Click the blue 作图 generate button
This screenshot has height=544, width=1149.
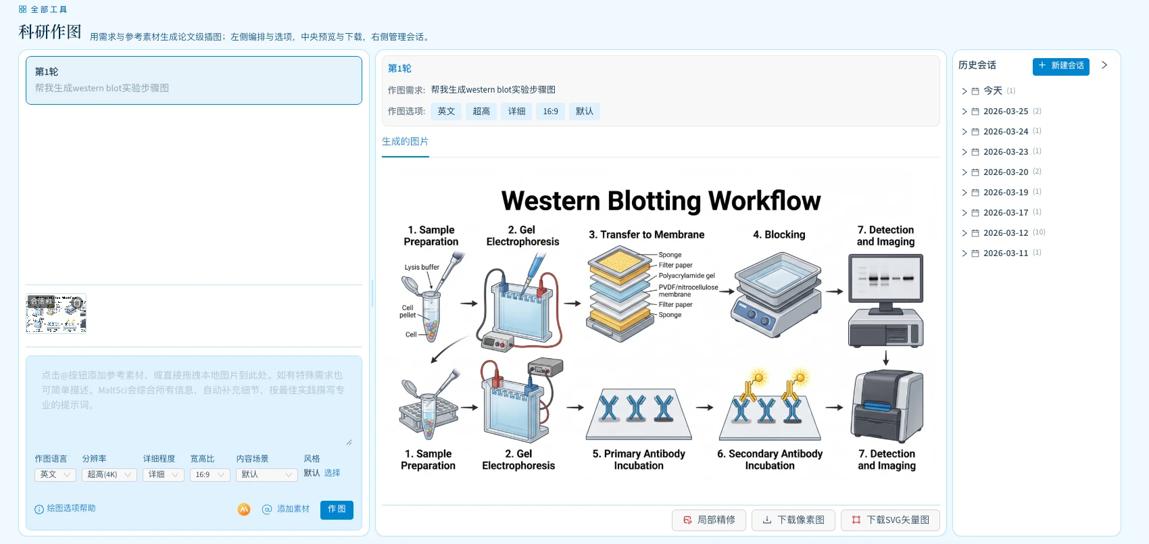click(337, 509)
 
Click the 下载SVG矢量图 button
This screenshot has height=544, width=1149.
click(890, 520)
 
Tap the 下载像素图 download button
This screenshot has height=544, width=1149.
click(793, 520)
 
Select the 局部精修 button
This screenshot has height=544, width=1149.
click(709, 520)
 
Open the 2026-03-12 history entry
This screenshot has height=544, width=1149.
click(1005, 232)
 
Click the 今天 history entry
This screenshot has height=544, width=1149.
click(992, 91)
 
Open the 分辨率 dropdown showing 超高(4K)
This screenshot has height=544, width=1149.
click(109, 474)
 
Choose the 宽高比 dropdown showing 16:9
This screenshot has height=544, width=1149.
click(210, 474)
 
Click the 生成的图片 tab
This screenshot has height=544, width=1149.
click(405, 141)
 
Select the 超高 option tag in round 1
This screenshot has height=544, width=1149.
click(481, 112)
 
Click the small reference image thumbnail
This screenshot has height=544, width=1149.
click(56, 314)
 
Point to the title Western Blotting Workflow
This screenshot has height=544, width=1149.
click(660, 201)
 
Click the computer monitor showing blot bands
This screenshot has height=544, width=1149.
click(885, 278)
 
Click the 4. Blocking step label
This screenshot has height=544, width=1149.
click(779, 234)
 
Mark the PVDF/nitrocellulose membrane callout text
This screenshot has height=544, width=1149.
click(687, 291)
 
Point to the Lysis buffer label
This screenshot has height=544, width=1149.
click(422, 267)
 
